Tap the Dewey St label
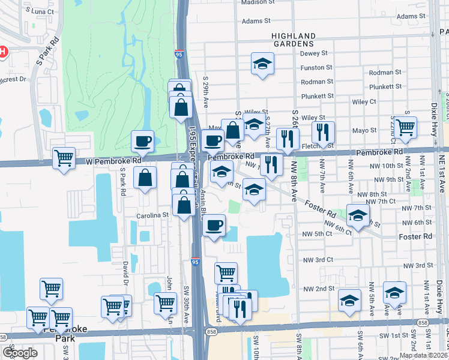[x=318, y=53]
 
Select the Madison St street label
[x=258, y=2]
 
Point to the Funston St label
[x=316, y=68]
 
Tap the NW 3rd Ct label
[x=318, y=260]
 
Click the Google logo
[x=20, y=353]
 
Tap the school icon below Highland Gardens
[x=262, y=64]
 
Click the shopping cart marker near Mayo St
[x=406, y=127]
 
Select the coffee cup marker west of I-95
[x=143, y=142]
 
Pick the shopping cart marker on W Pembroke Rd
[x=64, y=158]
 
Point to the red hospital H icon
[x=2, y=52]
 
